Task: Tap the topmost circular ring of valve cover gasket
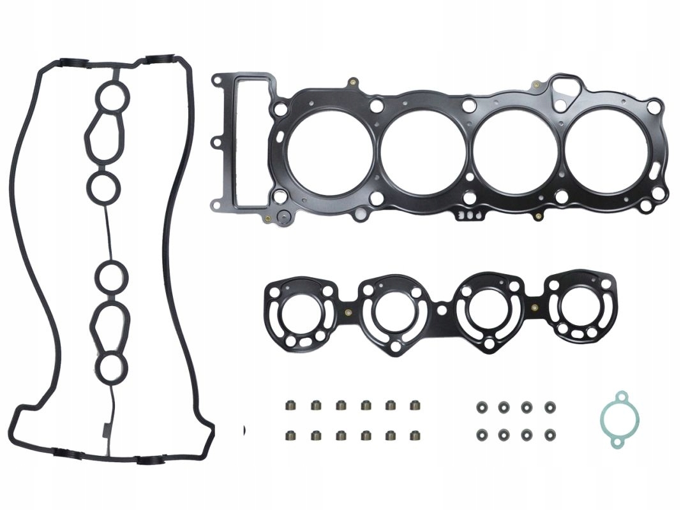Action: tap(114, 97)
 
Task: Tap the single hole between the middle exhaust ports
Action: tap(441, 310)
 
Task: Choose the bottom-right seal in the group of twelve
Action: tap(415, 436)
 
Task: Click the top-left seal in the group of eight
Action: tap(480, 405)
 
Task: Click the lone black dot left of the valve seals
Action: tap(244, 431)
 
